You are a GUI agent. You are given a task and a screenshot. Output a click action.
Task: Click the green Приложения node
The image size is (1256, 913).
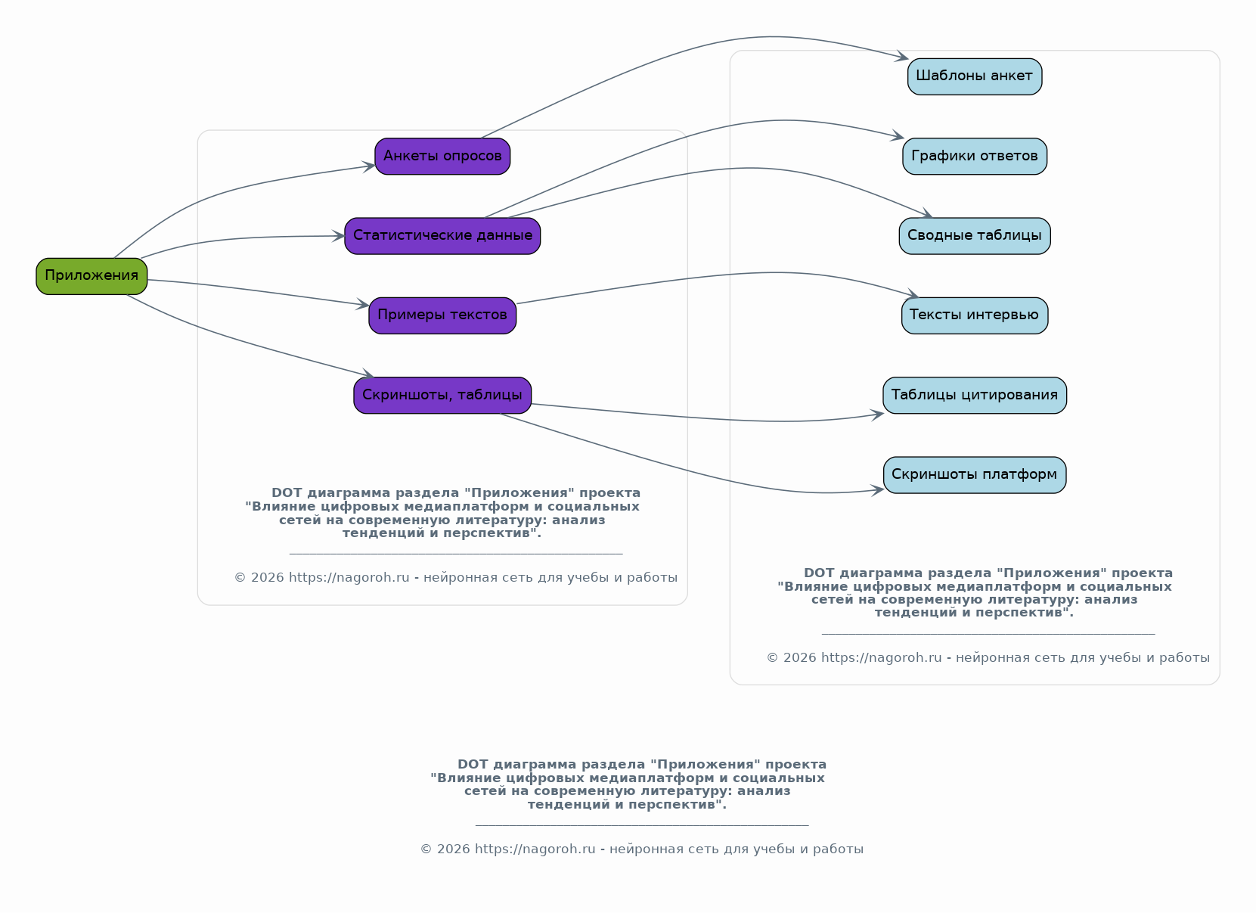pyautogui.click(x=91, y=276)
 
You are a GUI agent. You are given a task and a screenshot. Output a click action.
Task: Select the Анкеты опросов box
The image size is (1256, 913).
pyautogui.click(x=442, y=156)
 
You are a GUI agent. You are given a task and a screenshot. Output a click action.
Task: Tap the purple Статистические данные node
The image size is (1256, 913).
pyautogui.click(x=442, y=235)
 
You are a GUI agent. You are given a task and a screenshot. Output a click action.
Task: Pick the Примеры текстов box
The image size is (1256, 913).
pyautogui.click(x=442, y=315)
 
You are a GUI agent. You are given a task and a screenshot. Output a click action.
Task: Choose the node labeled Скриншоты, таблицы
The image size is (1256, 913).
pyautogui.click(x=442, y=395)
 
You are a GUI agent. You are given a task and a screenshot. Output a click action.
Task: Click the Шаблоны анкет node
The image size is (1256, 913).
pyautogui.click(x=975, y=76)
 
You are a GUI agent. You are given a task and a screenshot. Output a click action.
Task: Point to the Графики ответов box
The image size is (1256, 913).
pyautogui.click(x=975, y=156)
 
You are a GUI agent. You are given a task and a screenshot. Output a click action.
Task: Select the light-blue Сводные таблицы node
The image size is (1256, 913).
pyautogui.click(x=975, y=235)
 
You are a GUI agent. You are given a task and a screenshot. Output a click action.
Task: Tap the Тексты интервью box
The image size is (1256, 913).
pyautogui.click(x=975, y=315)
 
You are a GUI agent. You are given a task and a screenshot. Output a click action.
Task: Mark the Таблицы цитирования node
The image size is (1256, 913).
pyautogui.click(x=975, y=395)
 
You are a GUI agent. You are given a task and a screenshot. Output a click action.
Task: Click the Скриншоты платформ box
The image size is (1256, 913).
pyautogui.click(x=975, y=474)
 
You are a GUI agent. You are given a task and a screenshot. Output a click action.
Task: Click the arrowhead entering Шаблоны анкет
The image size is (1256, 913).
pyautogui.click(x=901, y=56)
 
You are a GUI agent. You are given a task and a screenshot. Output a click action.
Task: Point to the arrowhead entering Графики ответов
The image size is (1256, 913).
pyautogui.click(x=898, y=135)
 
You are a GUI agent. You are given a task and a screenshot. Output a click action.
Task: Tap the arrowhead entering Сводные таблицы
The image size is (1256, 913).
pyautogui.click(x=926, y=213)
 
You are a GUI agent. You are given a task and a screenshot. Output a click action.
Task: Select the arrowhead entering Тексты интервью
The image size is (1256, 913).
pyautogui.click(x=912, y=293)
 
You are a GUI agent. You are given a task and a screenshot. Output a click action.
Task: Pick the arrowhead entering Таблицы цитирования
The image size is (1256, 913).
pyautogui.click(x=877, y=415)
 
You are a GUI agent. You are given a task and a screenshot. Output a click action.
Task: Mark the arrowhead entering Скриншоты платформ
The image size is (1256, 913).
pyautogui.click(x=877, y=490)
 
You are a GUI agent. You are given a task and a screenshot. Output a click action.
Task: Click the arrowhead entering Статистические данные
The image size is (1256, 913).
pyautogui.click(x=337, y=236)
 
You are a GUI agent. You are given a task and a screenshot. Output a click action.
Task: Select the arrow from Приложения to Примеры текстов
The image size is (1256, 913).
pyautogui.click(x=258, y=290)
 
